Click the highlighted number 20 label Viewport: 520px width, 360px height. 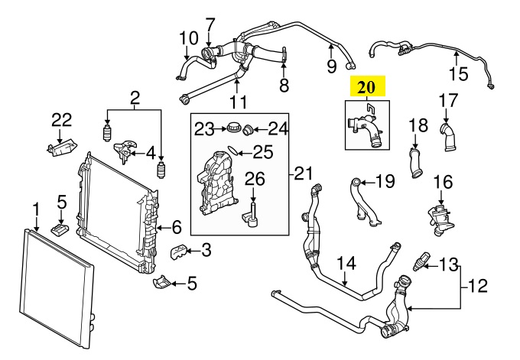click(x=366, y=87)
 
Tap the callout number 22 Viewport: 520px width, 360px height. click(x=62, y=120)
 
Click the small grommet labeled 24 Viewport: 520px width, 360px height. click(x=248, y=130)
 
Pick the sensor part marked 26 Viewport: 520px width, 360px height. click(x=251, y=217)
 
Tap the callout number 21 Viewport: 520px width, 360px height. click(x=304, y=174)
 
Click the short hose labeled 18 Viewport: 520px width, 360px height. click(x=415, y=163)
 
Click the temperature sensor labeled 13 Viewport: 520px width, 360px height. click(x=420, y=262)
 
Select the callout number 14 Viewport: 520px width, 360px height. click(x=346, y=264)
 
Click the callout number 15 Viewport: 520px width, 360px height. click(x=459, y=74)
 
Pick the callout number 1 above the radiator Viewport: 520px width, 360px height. click(x=35, y=211)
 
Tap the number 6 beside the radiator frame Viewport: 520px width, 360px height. click(x=177, y=228)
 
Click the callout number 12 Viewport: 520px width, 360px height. click(x=477, y=286)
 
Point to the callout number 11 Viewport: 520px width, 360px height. click(x=238, y=102)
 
